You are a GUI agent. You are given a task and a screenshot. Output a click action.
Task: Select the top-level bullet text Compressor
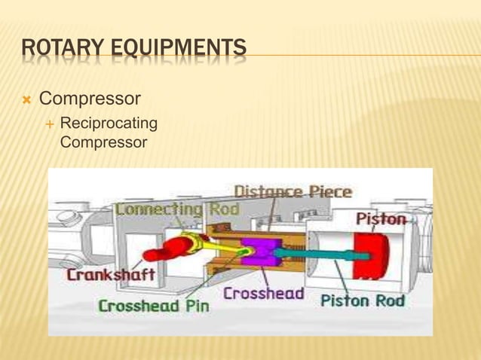coord(90,99)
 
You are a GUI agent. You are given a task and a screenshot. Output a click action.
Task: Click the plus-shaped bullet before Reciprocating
coord(47,124)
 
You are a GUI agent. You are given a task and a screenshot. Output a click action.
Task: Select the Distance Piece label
coord(292,192)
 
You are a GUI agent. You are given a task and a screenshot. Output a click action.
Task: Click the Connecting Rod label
coord(178,209)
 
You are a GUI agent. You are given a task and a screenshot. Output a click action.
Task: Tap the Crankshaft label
coord(112,275)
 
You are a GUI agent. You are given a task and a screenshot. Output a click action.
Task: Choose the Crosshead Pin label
coord(154,306)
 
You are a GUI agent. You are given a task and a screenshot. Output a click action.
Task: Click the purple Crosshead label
coord(263,294)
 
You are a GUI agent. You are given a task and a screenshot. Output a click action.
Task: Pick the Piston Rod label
coord(363,301)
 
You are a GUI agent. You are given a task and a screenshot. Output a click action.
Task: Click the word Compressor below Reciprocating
coord(102,139)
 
